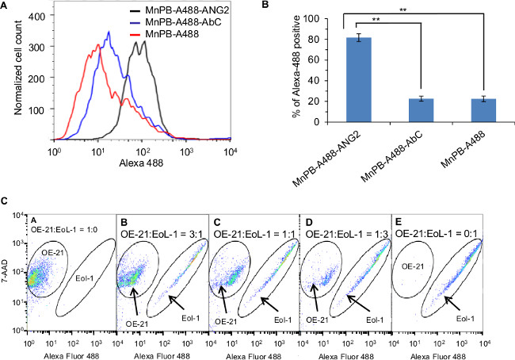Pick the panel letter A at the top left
click(x=7, y=8)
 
